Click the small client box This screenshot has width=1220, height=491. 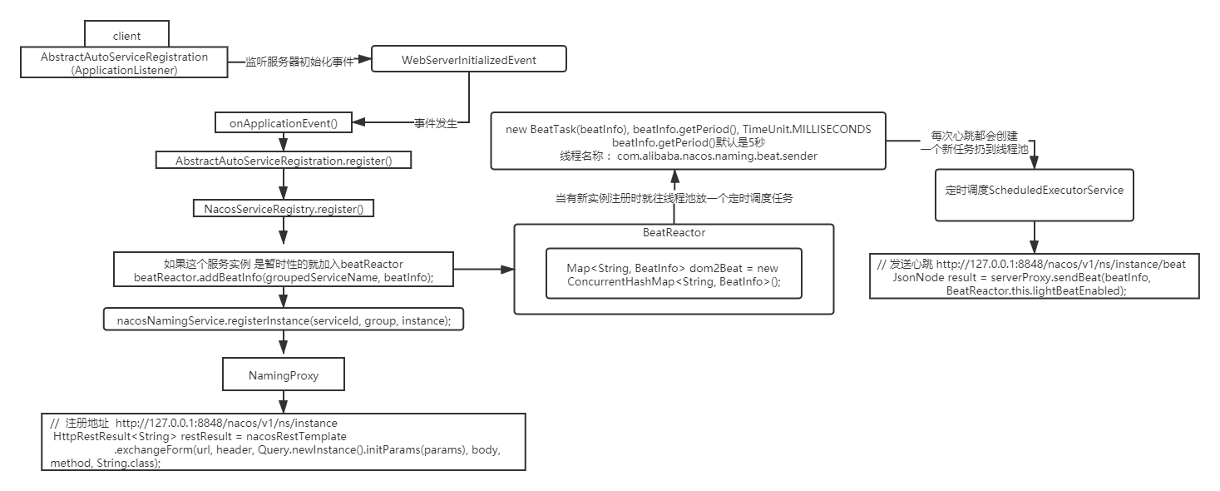126,35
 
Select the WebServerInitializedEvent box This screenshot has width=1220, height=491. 468,60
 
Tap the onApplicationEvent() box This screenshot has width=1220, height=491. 283,123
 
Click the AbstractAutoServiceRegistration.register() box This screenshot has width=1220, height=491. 283,159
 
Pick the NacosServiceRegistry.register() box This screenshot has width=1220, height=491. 283,209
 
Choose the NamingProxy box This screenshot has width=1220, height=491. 283,375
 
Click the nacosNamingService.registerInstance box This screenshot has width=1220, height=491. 283,320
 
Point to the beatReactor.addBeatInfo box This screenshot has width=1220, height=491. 283,270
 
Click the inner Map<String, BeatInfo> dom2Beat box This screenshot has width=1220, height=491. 673,274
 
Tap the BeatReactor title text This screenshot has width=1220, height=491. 674,232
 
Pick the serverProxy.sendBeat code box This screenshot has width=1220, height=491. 1034,277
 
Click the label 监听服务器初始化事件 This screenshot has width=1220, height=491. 299,62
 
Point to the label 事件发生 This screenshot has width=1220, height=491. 436,123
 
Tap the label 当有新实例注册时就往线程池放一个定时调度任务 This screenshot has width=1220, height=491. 674,198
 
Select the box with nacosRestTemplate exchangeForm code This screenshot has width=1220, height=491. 283,442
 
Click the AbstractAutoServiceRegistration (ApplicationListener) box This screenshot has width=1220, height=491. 124,63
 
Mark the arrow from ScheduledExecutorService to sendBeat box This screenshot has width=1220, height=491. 1034,237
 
